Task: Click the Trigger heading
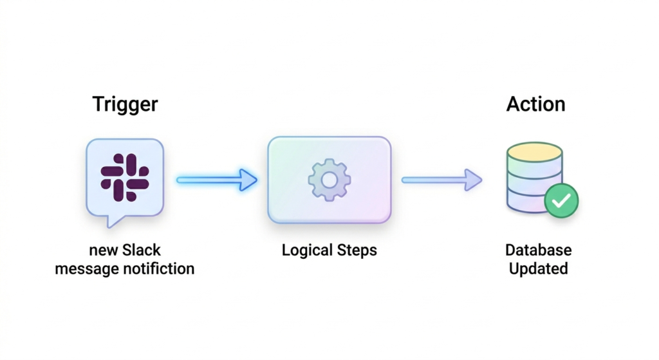125,104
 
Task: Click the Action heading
535,104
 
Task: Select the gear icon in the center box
329,180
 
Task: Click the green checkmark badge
561,201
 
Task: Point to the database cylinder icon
534,177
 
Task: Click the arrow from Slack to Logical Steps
216,180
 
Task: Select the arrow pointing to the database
441,180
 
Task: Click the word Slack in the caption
138,250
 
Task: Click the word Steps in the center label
356,250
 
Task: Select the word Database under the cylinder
538,250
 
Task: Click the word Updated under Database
538,268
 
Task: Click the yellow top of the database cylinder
534,152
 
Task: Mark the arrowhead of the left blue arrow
248,180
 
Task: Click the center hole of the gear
329,180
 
